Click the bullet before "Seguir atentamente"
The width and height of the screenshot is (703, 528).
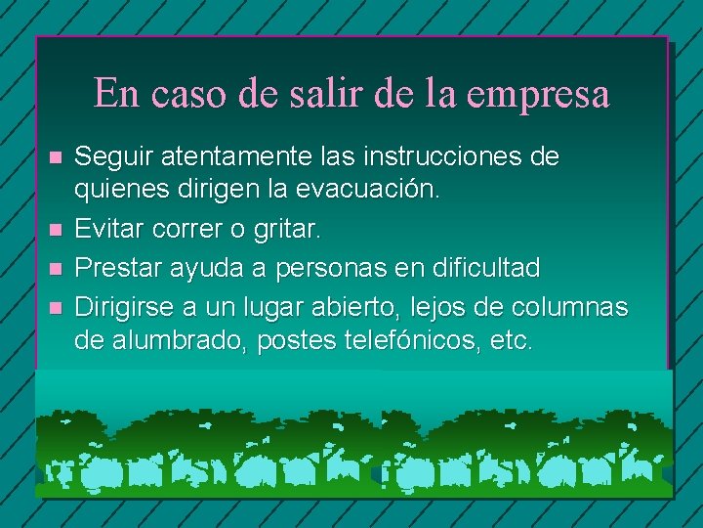tap(55, 156)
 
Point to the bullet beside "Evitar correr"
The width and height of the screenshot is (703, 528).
tap(55, 231)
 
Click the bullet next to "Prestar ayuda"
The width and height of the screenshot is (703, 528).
tap(55, 268)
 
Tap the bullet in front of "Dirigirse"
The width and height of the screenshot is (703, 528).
tap(55, 307)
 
